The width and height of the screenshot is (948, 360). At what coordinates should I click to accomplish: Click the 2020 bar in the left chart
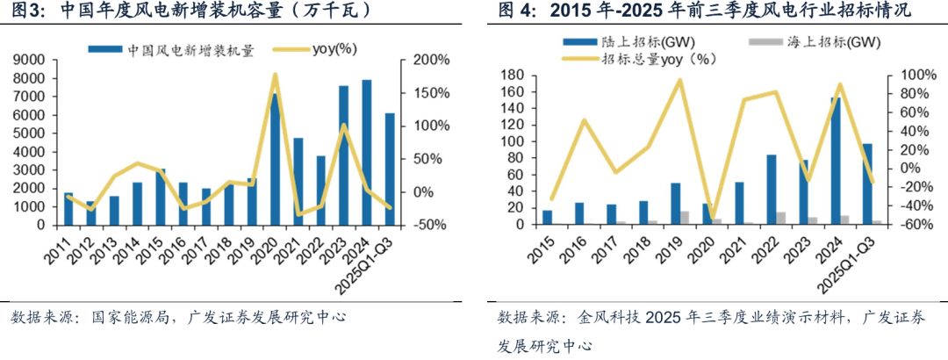(x=275, y=158)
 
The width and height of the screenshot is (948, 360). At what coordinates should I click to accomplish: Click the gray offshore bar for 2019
(x=685, y=218)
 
